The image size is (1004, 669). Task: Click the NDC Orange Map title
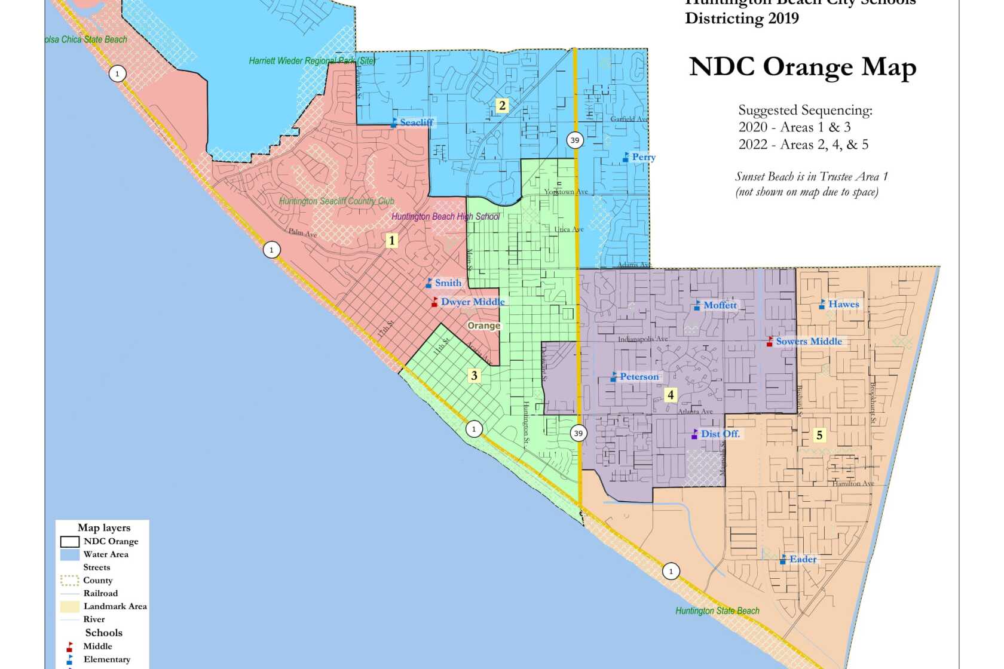[802, 67]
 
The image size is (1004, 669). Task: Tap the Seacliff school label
[416, 122]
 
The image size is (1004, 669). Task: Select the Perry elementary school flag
[626, 157]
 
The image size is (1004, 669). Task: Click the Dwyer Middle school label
[473, 302]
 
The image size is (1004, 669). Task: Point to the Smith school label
[448, 283]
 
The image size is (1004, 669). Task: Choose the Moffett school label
[720, 305]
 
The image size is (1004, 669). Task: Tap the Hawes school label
[843, 304]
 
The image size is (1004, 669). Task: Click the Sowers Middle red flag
[770, 342]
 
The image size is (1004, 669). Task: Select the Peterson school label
[639, 377]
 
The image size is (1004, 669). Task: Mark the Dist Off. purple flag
[694, 434]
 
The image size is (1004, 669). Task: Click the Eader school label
[802, 560]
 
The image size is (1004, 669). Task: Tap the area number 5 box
[819, 435]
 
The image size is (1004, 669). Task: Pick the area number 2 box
[502, 106]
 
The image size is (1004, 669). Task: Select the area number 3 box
[474, 376]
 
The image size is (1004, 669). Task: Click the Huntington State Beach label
[717, 611]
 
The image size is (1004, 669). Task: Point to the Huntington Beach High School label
[445, 217]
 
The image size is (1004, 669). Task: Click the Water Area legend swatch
[69, 554]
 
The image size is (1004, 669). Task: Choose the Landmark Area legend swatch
[69, 606]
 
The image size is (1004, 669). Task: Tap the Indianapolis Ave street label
[642, 339]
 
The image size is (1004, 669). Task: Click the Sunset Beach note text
[811, 184]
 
